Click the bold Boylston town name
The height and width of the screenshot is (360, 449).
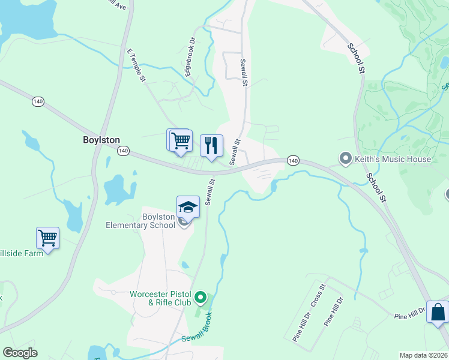coord(101,139)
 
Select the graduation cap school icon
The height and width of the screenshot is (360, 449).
coord(188,207)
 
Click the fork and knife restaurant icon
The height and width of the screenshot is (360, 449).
coord(211,145)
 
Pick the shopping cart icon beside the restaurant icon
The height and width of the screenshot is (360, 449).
coord(180,141)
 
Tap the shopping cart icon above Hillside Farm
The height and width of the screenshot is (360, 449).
coord(47,238)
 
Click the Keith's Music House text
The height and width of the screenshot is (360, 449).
coord(393,159)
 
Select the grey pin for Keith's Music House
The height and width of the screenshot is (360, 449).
coord(345,159)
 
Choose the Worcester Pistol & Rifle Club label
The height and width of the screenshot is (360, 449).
coord(160,298)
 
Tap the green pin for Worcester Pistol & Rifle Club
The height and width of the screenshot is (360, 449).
coord(202,297)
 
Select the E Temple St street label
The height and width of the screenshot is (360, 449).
coord(136,65)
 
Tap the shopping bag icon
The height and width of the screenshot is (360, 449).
coord(438,312)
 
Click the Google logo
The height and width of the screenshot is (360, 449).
coord(20,353)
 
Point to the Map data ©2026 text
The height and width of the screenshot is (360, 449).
coord(423,355)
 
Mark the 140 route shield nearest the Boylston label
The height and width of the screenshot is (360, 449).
coord(123,150)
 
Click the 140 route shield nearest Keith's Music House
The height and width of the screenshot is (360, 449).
coord(292,160)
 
